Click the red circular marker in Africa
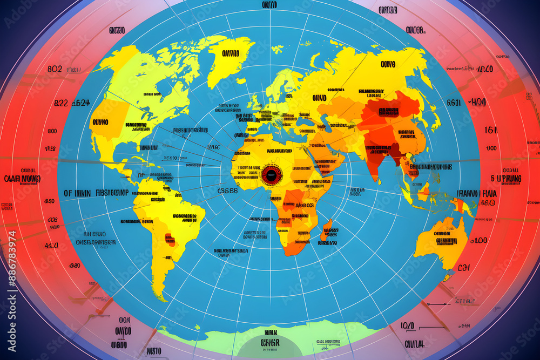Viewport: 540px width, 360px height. coord(272,174)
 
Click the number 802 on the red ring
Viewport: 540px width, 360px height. coord(55,69)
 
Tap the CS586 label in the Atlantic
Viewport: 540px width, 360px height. coord(227,190)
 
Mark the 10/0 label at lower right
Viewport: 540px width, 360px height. coord(408,325)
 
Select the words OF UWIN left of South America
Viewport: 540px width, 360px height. coord(77,193)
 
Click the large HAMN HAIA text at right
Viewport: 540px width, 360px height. coord(476,193)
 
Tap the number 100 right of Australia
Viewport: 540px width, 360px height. coord(480,240)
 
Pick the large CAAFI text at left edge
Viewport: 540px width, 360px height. coord(22,178)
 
